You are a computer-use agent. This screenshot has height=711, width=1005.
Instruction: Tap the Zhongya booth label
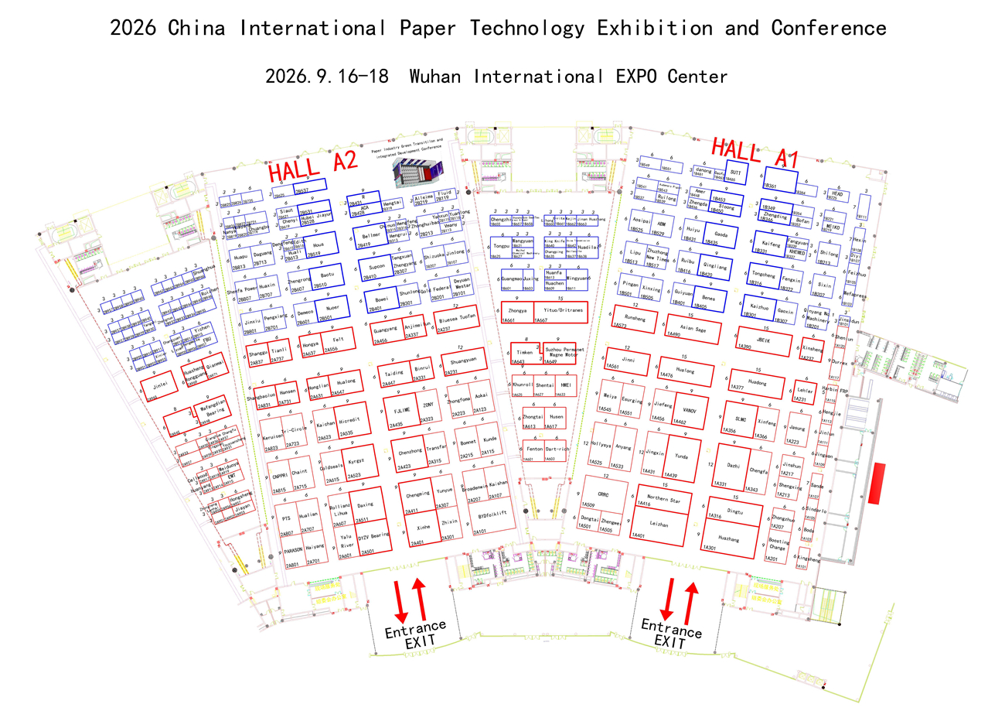click(x=517, y=310)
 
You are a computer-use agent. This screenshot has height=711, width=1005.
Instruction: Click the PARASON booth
click(x=293, y=551)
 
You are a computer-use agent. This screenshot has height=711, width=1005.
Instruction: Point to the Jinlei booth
click(x=161, y=385)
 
